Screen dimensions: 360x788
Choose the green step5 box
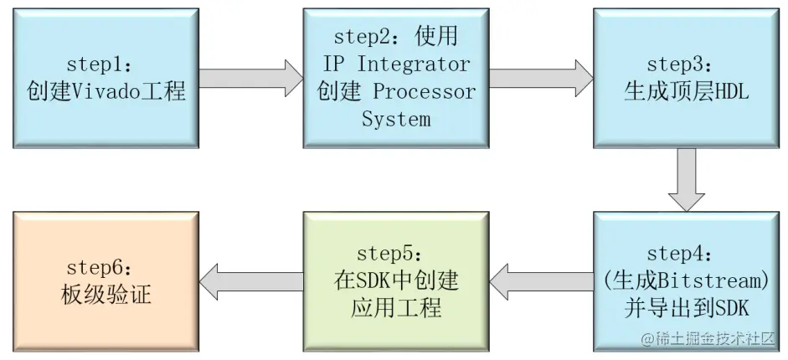click(396, 280)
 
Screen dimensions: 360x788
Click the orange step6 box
click(106, 280)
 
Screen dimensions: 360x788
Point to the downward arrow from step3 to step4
click(687, 179)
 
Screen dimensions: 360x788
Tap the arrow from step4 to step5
click(541, 280)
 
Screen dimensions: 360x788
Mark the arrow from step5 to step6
click(250, 280)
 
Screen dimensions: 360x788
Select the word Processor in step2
click(424, 91)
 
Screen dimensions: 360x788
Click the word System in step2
click(396, 119)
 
